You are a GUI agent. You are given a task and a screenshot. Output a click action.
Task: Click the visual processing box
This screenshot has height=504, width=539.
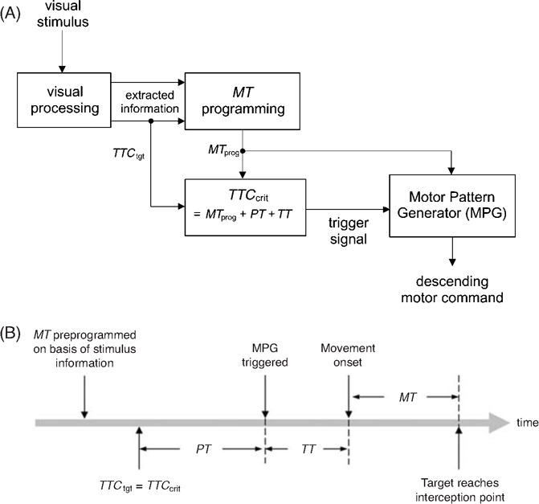(x=64, y=100)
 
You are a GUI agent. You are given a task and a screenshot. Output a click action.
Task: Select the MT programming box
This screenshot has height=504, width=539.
(x=243, y=101)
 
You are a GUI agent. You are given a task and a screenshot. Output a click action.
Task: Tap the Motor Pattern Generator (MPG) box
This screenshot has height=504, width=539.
(x=452, y=206)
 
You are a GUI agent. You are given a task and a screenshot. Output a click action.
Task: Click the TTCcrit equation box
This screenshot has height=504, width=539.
(x=246, y=207)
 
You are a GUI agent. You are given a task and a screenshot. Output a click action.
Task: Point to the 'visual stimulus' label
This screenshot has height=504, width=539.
(x=63, y=14)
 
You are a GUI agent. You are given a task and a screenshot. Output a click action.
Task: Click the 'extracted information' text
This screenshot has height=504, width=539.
(x=149, y=102)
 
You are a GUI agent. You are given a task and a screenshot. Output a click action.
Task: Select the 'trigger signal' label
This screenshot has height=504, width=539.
(x=349, y=231)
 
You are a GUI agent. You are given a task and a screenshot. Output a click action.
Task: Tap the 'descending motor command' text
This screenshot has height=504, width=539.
(x=452, y=289)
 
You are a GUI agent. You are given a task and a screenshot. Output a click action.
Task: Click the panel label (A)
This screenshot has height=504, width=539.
(x=10, y=14)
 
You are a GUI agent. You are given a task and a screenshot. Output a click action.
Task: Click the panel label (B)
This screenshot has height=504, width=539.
(x=10, y=333)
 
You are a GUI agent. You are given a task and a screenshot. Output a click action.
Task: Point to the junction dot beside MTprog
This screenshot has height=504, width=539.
(x=243, y=151)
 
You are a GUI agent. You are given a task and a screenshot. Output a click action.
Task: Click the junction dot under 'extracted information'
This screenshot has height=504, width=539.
(x=150, y=121)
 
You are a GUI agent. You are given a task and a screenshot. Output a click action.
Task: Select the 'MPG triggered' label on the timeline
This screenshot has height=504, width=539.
(x=265, y=355)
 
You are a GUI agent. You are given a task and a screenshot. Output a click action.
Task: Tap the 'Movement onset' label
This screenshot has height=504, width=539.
(x=348, y=355)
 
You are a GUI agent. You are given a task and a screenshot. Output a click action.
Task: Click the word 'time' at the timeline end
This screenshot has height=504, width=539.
(x=528, y=423)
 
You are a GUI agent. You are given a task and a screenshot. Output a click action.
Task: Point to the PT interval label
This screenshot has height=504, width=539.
(x=203, y=449)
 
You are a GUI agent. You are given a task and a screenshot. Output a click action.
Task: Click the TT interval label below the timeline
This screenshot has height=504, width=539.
(x=308, y=449)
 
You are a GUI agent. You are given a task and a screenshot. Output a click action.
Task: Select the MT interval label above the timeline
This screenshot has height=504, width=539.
(x=408, y=397)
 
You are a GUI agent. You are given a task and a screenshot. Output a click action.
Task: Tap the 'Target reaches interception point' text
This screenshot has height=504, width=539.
(x=460, y=490)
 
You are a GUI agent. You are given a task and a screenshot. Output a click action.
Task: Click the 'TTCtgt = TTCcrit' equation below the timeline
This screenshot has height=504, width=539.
(x=140, y=486)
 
